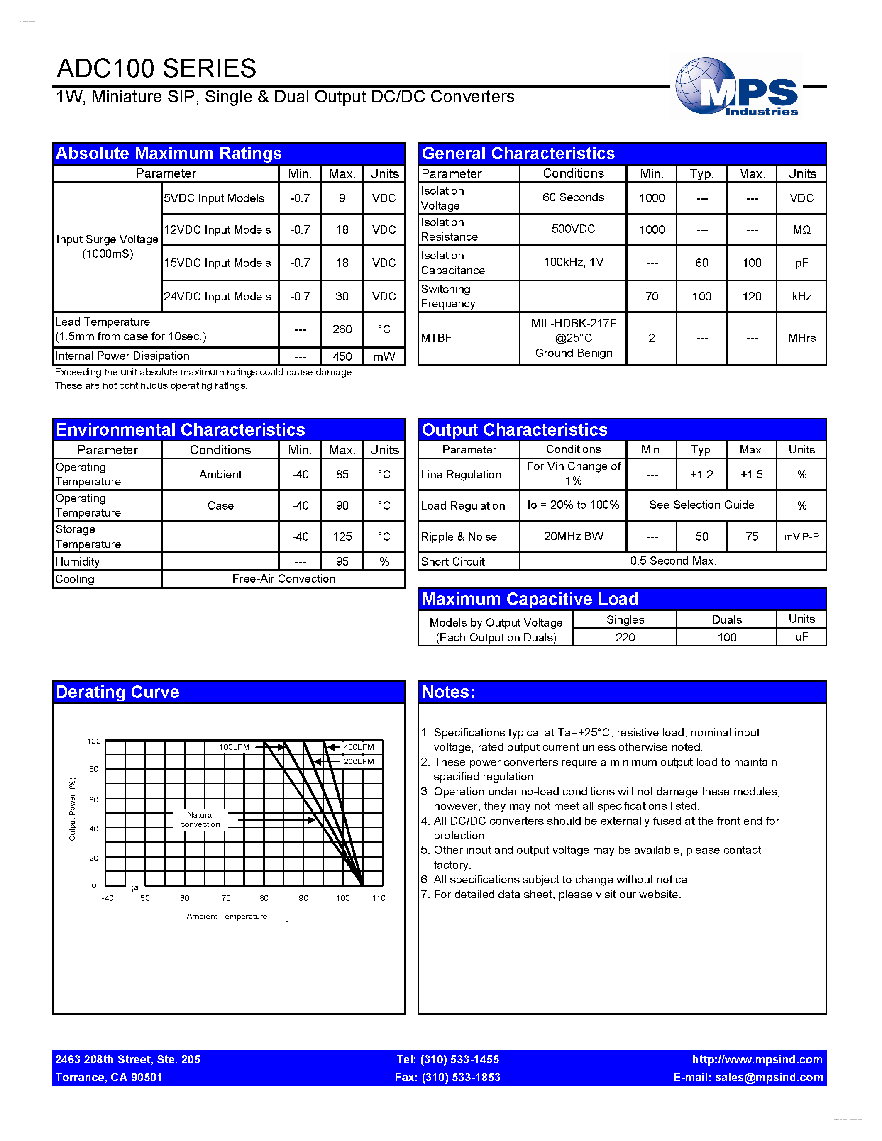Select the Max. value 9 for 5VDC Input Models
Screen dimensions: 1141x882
tap(342, 198)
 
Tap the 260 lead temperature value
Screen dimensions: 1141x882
tap(342, 329)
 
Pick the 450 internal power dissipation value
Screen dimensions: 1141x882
tap(342, 356)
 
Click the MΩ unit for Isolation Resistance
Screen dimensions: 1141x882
tap(801, 229)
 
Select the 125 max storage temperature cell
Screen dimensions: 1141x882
tap(342, 536)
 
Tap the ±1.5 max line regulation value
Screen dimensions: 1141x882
tap(751, 474)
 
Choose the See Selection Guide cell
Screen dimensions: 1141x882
tap(701, 505)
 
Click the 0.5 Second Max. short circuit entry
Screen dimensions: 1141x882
tap(672, 561)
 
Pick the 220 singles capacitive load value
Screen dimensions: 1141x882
tap(625, 637)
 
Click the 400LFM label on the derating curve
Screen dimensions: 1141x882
tap(359, 747)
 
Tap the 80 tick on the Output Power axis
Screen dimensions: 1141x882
tap(93, 769)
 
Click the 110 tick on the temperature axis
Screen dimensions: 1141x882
tap(378, 898)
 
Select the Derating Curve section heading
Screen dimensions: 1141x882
tap(117, 692)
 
